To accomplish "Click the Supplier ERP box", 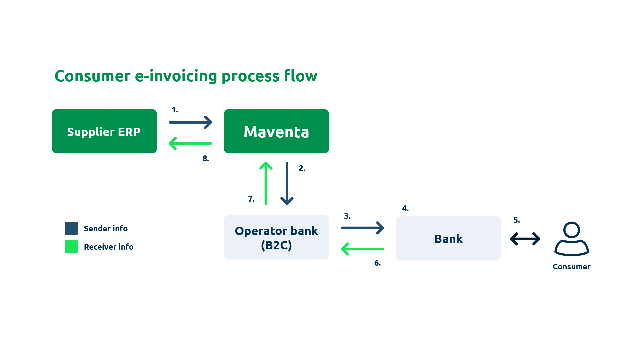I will coord(104,131).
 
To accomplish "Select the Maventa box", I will coord(276,131).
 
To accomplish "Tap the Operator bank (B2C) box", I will coord(276,237).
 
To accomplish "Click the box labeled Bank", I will coord(448,239).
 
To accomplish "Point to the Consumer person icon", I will coord(571,239).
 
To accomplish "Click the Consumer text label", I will coord(571,267).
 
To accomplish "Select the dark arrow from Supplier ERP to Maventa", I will coord(190,122).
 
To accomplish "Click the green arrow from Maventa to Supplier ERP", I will coord(190,144).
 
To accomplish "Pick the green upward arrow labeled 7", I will coord(266,183).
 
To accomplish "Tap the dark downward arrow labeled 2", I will coord(287,183).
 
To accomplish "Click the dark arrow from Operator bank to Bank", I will coord(362,228).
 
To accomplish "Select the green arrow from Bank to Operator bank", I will coord(362,249).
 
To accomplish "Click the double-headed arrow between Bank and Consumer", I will coord(525,239).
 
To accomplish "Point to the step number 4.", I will coord(405,209).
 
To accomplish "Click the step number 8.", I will coord(206,159).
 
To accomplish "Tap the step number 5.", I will coord(516,220).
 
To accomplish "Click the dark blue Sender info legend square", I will coord(71,228).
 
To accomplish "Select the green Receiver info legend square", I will coord(71,247).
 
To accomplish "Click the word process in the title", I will coord(250,77).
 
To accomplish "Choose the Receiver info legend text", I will coord(108,247).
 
